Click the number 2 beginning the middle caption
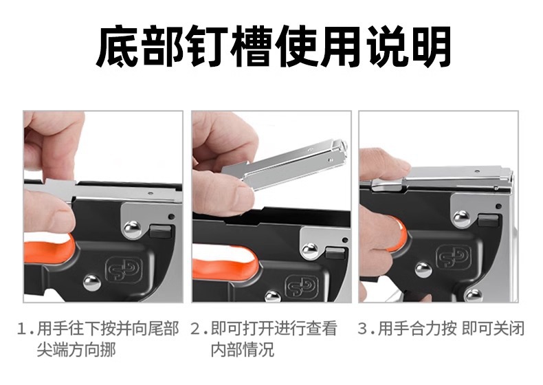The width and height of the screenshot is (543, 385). pyautogui.click(x=196, y=329)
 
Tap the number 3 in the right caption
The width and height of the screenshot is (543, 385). pyautogui.click(x=364, y=329)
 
